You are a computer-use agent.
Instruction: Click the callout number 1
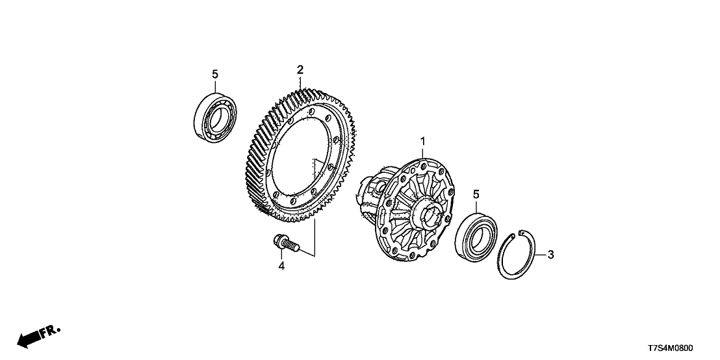tap(422, 141)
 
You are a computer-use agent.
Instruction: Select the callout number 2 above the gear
tap(300, 70)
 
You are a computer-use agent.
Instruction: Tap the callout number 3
tap(550, 254)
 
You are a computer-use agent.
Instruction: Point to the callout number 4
tap(281, 265)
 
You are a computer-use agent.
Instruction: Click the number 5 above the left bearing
tap(215, 74)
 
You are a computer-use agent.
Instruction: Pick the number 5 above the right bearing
tap(476, 195)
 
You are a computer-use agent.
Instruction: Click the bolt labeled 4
tap(285, 244)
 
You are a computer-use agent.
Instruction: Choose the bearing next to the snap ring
tap(476, 234)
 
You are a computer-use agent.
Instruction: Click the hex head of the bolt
tap(278, 240)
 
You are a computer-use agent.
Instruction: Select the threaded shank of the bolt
tap(292, 246)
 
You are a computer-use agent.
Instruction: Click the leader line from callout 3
tap(541, 254)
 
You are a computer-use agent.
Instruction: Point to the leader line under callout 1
tap(422, 153)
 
